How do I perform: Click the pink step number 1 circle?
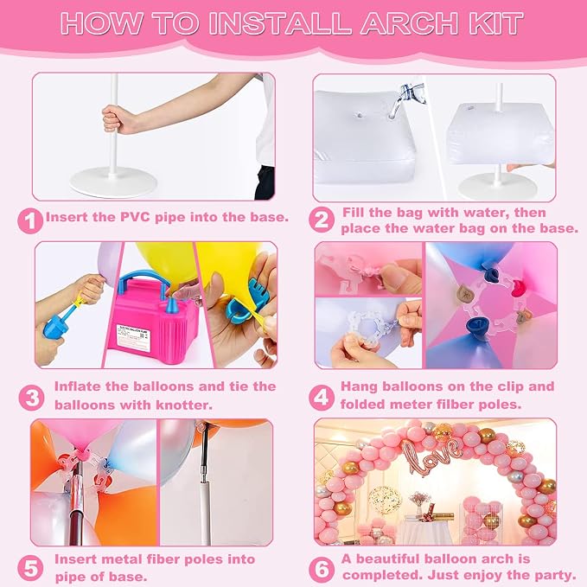pyautogui.click(x=30, y=221)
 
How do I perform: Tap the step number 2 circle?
pyautogui.click(x=322, y=220)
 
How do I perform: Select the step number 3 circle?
pyautogui.click(x=31, y=397)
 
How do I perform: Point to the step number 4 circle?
pyautogui.click(x=322, y=397)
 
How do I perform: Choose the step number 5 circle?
pyautogui.click(x=30, y=568)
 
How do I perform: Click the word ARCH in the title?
pyautogui.click(x=410, y=23)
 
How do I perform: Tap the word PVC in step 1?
pyautogui.click(x=135, y=217)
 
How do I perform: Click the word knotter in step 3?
pyautogui.click(x=184, y=405)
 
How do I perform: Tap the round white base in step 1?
pyautogui.click(x=113, y=182)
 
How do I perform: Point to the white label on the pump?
pyautogui.click(x=134, y=338)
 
